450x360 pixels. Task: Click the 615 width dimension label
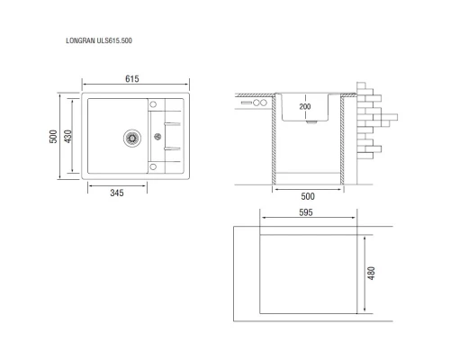coord(131,80)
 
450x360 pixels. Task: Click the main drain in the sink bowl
coord(131,137)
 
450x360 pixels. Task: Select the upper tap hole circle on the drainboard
coord(151,102)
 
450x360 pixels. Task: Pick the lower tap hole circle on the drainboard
coord(151,167)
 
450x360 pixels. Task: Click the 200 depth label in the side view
coord(304,108)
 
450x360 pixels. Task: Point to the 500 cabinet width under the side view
coord(307,196)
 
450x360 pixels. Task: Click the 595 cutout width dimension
coord(306,213)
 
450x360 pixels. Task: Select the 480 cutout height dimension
coord(370,273)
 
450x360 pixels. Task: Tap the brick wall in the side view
coord(372,121)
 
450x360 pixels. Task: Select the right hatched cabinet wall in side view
coord(343,144)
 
